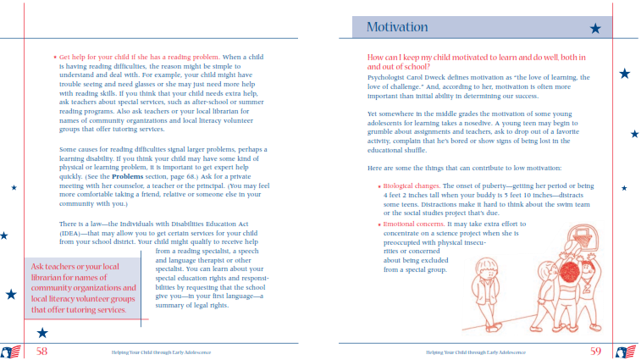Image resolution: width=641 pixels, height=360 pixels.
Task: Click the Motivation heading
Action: [398, 27]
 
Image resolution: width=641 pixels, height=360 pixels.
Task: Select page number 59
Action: [596, 350]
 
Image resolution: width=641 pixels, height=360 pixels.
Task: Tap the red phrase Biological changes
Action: [415, 185]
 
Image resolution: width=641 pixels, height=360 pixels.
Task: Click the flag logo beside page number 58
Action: [11, 351]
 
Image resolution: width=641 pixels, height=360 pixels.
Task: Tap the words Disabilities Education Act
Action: [189, 224]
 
